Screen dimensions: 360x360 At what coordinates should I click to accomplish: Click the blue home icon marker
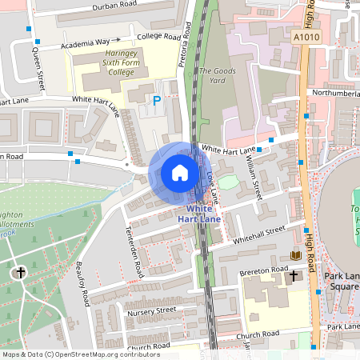(180, 173)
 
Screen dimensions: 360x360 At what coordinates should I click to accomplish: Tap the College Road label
(158, 37)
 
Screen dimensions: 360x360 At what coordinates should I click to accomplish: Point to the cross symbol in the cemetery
(20, 273)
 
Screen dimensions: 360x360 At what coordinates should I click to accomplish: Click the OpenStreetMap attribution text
(81, 354)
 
